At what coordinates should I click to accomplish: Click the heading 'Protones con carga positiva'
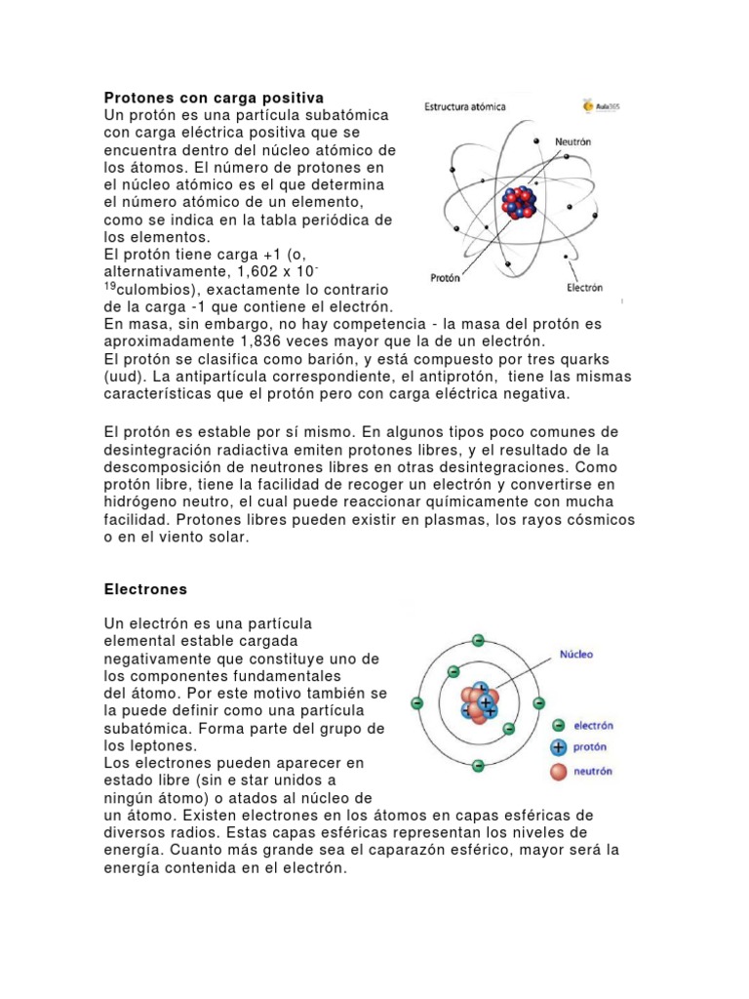tap(214, 99)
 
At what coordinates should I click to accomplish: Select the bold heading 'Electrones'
tap(144, 589)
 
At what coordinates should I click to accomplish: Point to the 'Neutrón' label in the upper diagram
tap(573, 141)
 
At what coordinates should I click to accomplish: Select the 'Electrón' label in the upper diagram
tap(584, 288)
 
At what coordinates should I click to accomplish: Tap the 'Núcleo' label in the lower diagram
tap(575, 654)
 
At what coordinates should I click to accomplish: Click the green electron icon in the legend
tap(558, 725)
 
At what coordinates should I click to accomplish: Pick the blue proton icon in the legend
tap(558, 747)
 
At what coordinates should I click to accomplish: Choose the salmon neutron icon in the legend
tap(558, 772)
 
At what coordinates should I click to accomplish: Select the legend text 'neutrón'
tap(594, 772)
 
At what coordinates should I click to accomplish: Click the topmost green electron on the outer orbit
tap(478, 641)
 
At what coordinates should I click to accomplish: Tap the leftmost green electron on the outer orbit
tap(417, 702)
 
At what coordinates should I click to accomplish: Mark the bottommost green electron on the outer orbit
tap(478, 765)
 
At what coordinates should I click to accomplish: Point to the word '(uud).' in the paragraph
tap(126, 377)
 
